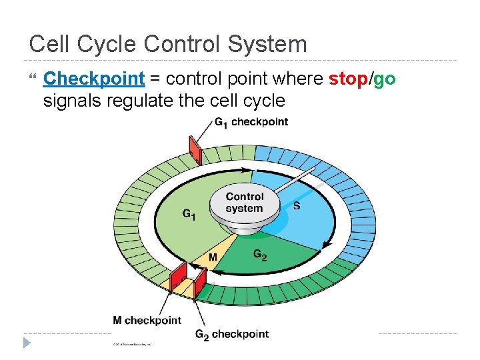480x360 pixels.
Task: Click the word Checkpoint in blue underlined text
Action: click(x=93, y=79)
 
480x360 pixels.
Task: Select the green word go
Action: click(x=385, y=79)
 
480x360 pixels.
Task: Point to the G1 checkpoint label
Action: click(x=251, y=121)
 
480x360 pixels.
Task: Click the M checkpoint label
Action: click(x=147, y=320)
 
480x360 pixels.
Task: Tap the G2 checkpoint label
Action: click(x=231, y=334)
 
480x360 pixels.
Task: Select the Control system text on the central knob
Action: click(x=245, y=202)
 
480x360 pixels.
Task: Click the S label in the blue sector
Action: click(x=297, y=205)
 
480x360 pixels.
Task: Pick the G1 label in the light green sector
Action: click(x=189, y=215)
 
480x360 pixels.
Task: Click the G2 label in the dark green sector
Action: click(x=260, y=254)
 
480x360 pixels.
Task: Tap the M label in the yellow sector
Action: click(x=213, y=257)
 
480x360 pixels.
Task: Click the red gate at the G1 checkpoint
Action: click(x=195, y=150)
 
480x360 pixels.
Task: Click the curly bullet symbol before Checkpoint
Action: click(x=31, y=79)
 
